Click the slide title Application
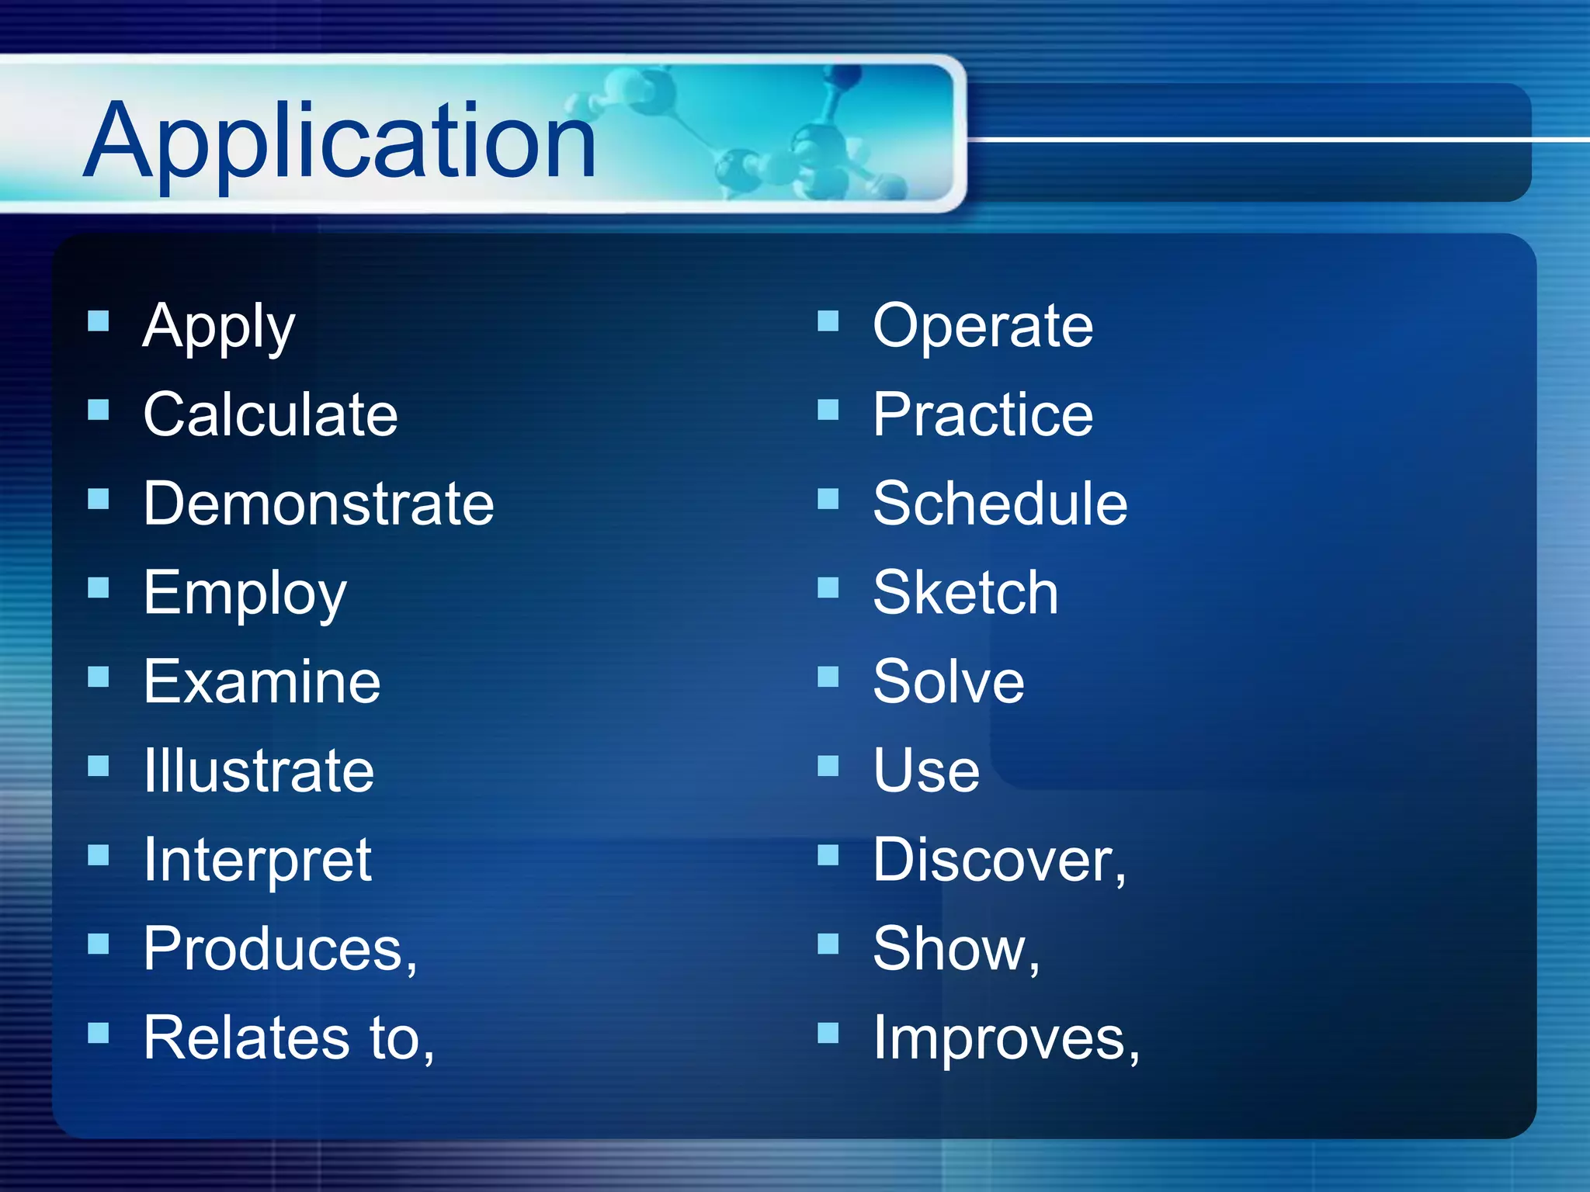(x=339, y=141)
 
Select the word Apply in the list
(x=219, y=327)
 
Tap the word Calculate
(x=270, y=414)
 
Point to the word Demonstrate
(x=318, y=504)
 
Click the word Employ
(x=245, y=594)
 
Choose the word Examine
(x=262, y=681)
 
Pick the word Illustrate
(x=259, y=771)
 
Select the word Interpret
(x=258, y=860)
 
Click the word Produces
(x=276, y=948)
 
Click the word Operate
(x=982, y=326)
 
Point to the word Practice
(x=982, y=414)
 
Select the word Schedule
(x=1000, y=504)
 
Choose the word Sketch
(x=965, y=593)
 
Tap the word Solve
(x=948, y=681)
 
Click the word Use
(x=926, y=771)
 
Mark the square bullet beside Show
(x=828, y=944)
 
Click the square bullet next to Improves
(x=828, y=1033)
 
